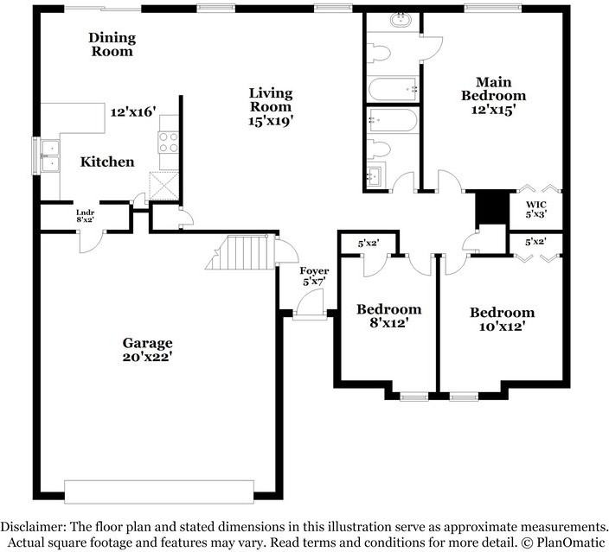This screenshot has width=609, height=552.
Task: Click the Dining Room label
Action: pos(112,44)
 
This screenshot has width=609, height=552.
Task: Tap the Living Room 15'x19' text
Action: pos(271,107)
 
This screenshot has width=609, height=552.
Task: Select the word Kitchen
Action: pos(107,162)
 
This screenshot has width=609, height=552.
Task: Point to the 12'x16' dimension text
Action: pos(132,111)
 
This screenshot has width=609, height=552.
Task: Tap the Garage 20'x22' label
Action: pos(147,350)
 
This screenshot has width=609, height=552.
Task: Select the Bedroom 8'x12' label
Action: pos(389,316)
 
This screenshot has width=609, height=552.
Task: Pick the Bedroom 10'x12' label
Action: pos(502,320)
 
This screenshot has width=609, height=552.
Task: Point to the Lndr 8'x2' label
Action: pos(86,216)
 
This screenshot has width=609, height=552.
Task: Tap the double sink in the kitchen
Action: pos(50,155)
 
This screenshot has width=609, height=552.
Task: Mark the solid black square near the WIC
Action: pos(490,206)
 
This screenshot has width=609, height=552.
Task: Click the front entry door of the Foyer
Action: pos(308,308)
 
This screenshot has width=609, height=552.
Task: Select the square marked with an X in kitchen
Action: pos(163,185)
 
